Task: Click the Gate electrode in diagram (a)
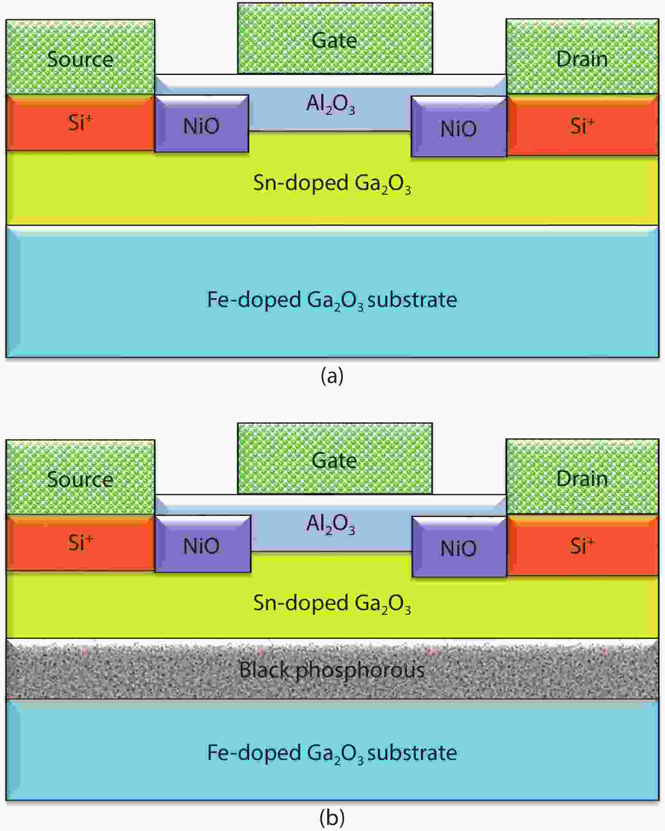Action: tap(335, 39)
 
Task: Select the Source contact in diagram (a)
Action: tap(80, 57)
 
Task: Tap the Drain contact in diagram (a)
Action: tap(582, 57)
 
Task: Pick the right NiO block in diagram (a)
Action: tap(459, 128)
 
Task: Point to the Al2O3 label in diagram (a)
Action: tap(330, 104)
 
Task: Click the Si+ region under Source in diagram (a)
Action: tap(80, 123)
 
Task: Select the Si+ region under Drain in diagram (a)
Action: tap(582, 125)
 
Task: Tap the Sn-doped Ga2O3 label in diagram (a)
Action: tap(332, 184)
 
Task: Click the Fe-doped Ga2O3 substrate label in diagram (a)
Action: tap(332, 300)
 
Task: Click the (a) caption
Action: tap(332, 375)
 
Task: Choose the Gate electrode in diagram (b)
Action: tap(335, 459)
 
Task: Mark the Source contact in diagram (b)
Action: tap(80, 478)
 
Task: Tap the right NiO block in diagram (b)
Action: tap(459, 548)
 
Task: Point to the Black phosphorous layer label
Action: tap(332, 670)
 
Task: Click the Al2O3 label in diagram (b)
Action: tap(330, 524)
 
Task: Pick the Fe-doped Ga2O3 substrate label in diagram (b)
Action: tap(332, 753)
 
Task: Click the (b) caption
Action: tap(332, 818)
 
